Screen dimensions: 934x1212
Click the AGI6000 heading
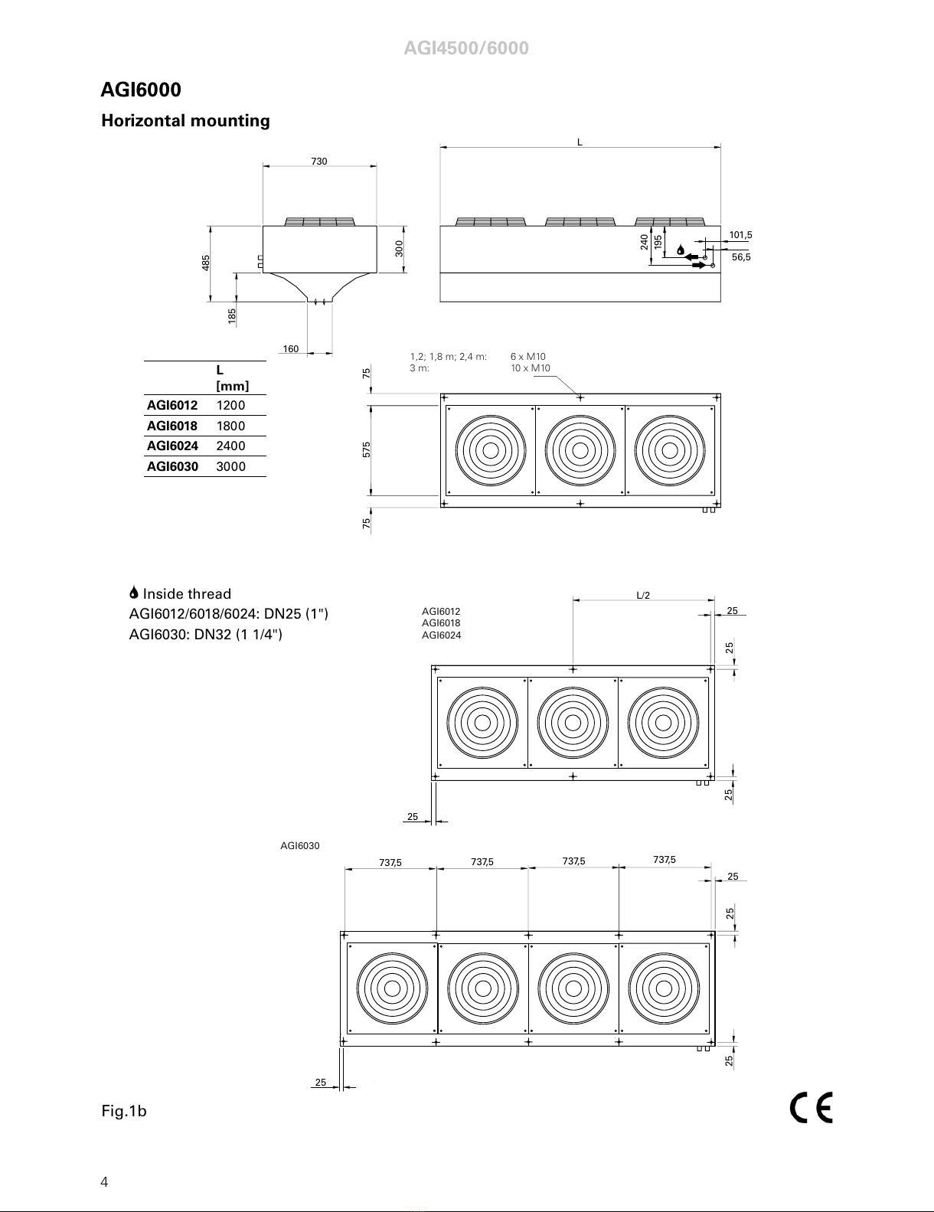tap(141, 90)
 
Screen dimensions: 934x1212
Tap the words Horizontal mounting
tap(186, 121)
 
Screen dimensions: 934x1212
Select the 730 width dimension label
tap(319, 162)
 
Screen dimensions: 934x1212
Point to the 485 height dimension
tap(206, 263)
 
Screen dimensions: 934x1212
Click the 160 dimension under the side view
tap(290, 348)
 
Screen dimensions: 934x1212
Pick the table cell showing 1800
tap(230, 426)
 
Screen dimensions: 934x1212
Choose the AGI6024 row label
tap(172, 446)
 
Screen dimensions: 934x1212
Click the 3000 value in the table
tap(231, 466)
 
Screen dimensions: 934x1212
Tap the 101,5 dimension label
tap(740, 235)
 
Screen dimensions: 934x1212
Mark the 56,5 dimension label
tap(741, 257)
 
